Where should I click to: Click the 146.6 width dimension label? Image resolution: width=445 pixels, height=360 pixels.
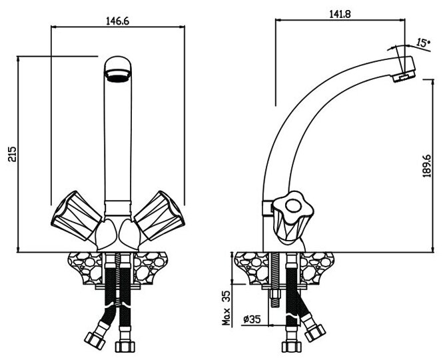click(x=118, y=20)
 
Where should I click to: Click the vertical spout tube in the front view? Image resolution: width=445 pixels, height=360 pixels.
click(x=119, y=140)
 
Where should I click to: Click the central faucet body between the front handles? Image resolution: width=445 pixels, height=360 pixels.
click(x=119, y=227)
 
